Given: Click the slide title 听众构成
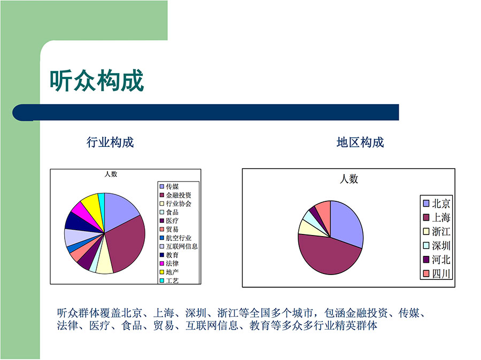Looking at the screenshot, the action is [97, 80].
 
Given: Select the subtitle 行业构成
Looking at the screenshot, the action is [110, 142].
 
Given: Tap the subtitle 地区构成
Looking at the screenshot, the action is [360, 142].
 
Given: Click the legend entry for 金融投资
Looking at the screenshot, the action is [175, 195].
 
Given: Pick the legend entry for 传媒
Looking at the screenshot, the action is [169, 186].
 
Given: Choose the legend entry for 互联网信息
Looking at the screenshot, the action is [179, 246].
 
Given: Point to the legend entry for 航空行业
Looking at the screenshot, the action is [175, 238].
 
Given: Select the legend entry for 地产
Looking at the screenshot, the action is [169, 272].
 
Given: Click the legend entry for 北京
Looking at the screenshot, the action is [437, 204].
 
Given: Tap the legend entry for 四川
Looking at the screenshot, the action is [437, 273].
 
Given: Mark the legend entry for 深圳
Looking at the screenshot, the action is [437, 245].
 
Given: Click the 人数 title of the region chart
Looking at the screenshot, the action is [349, 179].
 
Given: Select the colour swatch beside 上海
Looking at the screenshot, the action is [426, 217].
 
